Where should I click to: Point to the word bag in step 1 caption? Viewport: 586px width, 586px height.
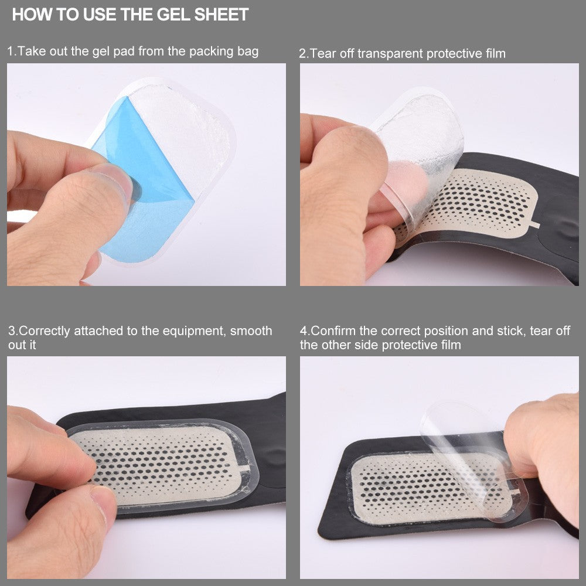point(248,51)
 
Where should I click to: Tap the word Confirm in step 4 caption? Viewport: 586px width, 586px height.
point(333,331)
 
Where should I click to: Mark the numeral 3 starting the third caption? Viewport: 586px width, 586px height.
point(11,331)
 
